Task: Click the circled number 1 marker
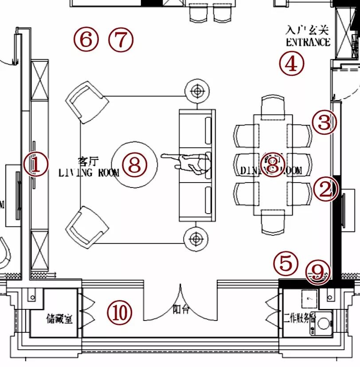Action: coord(36,165)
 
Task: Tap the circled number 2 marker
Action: coord(326,190)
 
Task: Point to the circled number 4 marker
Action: coord(292,64)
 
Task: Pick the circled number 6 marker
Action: coord(86,39)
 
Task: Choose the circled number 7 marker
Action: coord(121,40)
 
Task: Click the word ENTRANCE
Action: coord(308,42)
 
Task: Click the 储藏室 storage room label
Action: coord(59,318)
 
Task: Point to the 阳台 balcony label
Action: coord(180,309)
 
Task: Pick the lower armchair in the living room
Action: coord(87,226)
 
